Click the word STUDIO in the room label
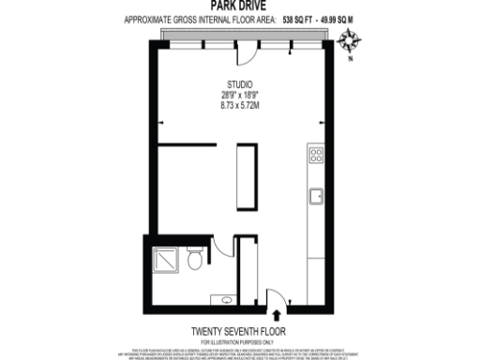pyautogui.click(x=240, y=85)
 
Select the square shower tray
pyautogui.click(x=165, y=257)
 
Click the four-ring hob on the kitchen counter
pyautogui.click(x=317, y=155)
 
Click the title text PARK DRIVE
pyautogui.click(x=239, y=6)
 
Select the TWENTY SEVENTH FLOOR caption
pyautogui.click(x=239, y=331)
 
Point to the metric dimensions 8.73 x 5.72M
pyautogui.click(x=240, y=106)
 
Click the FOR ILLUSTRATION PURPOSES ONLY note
pyautogui.click(x=239, y=340)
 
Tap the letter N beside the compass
pyautogui.click(x=351, y=58)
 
